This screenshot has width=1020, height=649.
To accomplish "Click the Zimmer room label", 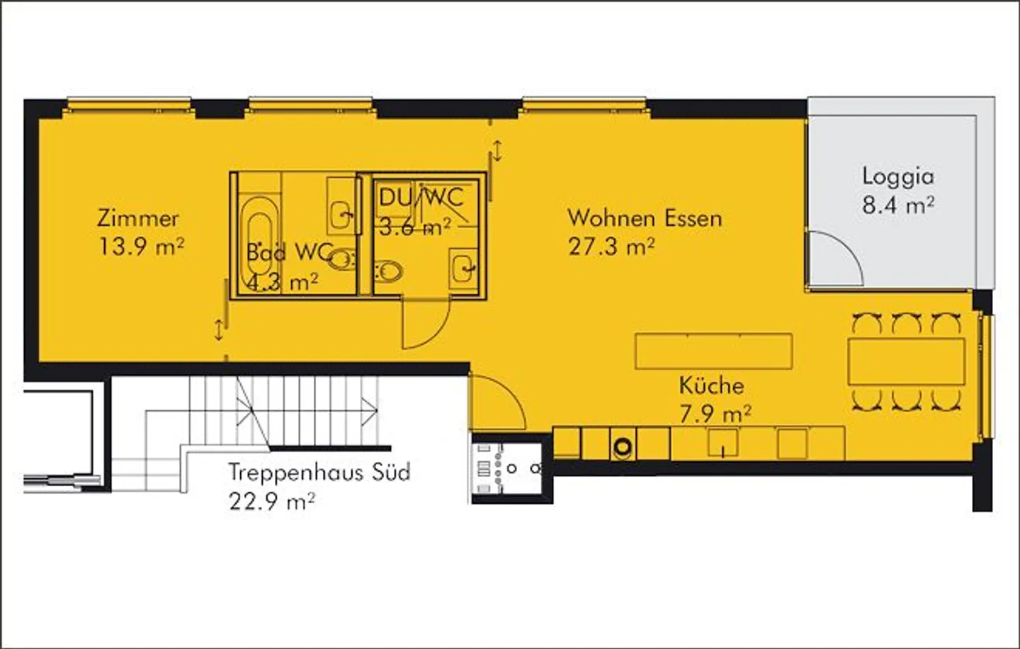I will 138,218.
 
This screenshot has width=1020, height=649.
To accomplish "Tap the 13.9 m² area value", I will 141,247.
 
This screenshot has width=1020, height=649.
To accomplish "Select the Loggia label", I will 897,176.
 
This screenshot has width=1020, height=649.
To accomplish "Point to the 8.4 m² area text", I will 897,205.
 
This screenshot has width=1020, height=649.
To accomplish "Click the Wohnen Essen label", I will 645,218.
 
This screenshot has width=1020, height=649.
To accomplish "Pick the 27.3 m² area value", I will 611,247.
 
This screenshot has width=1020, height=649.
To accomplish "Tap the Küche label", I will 711,385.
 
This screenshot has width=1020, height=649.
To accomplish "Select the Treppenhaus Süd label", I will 319,472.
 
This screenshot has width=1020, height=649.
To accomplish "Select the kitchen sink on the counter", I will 722,444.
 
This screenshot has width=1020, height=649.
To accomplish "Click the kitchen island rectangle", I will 713,351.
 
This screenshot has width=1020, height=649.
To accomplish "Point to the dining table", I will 906,361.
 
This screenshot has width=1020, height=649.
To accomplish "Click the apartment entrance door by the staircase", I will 496,400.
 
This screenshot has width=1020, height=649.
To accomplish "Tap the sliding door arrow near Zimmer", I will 220,329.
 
